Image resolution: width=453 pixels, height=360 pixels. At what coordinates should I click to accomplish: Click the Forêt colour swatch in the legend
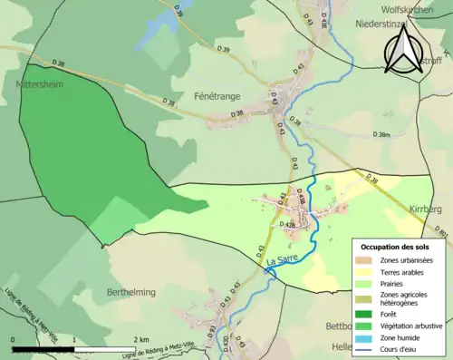point(367,314)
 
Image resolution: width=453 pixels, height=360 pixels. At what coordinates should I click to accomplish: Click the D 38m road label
point(382,134)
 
